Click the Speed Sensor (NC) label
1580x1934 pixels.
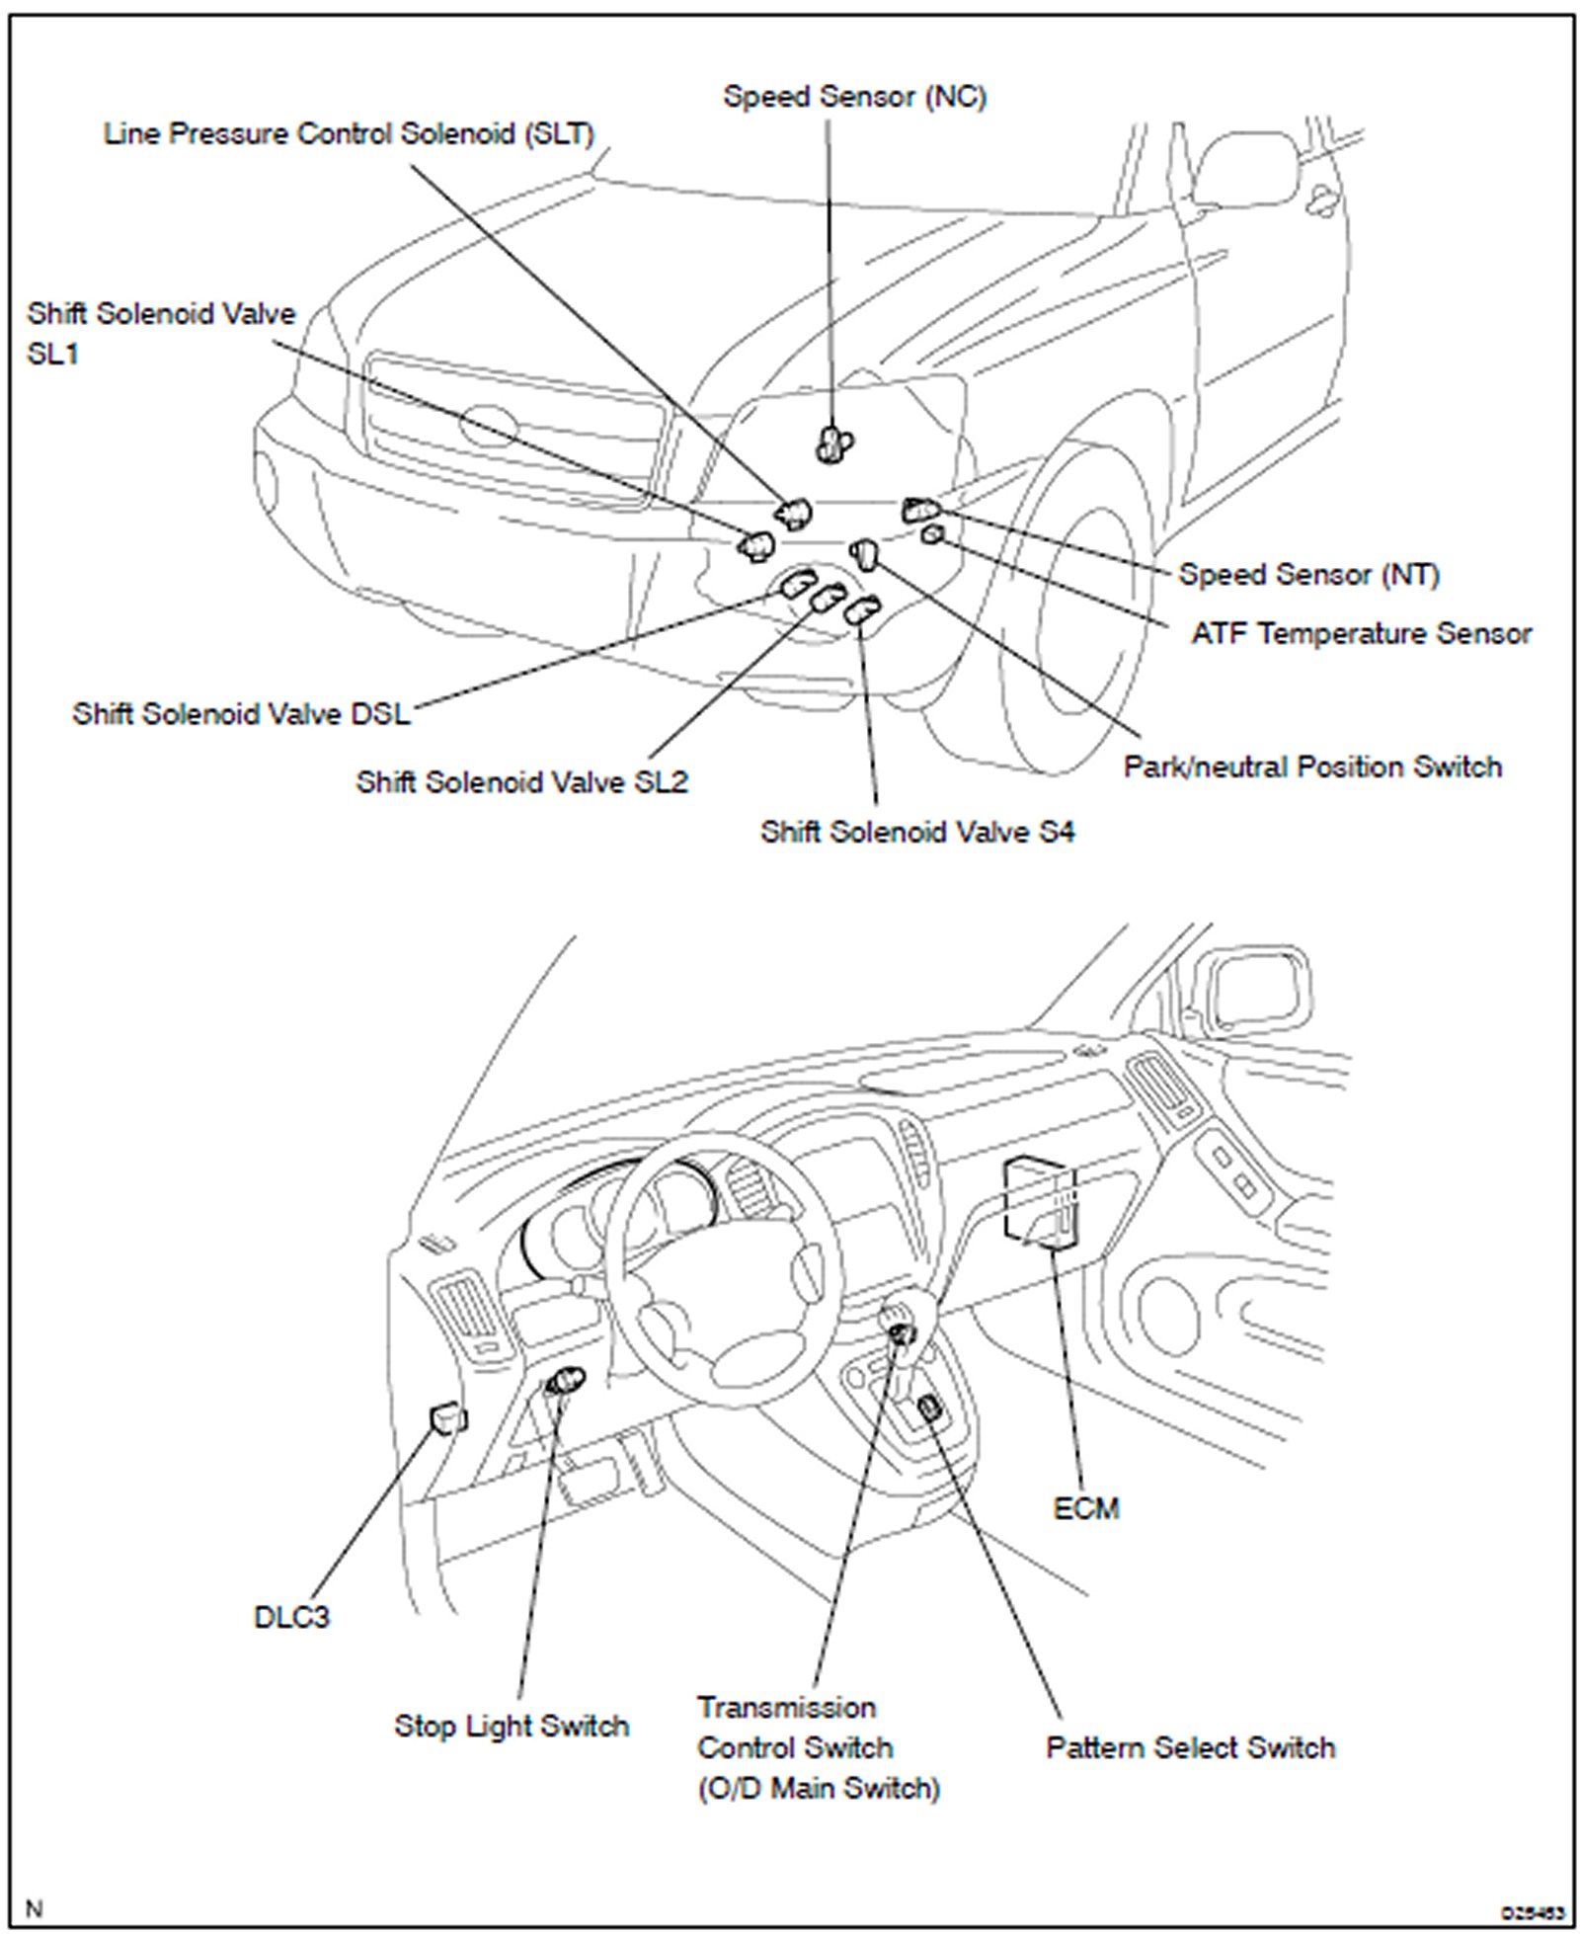point(854,97)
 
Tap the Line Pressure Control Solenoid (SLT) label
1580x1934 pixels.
point(349,134)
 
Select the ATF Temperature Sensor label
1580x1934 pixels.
point(1361,633)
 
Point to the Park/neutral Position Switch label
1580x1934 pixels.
point(1312,766)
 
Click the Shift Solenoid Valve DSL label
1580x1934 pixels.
point(241,713)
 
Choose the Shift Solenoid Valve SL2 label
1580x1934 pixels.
point(521,782)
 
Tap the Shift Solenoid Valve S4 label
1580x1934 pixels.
point(916,832)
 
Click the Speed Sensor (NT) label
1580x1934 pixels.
point(1308,574)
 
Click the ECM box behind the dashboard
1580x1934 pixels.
point(1039,1200)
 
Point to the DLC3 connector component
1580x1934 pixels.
point(447,1419)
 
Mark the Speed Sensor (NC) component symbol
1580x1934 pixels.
point(834,443)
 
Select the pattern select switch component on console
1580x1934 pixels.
point(928,1408)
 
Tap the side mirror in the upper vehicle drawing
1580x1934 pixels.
point(1246,168)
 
